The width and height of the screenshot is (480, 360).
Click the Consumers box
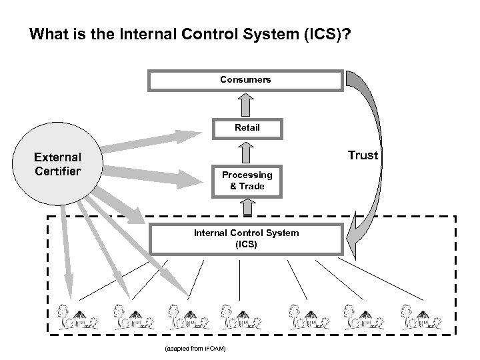pyautogui.click(x=246, y=80)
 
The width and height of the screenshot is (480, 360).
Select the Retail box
pyautogui.click(x=246, y=127)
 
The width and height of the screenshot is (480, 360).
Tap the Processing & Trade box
pyautogui.click(x=246, y=181)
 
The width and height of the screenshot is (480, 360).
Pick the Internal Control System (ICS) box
pyautogui.click(x=246, y=239)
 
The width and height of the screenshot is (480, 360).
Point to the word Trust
pyautogui.click(x=363, y=155)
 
